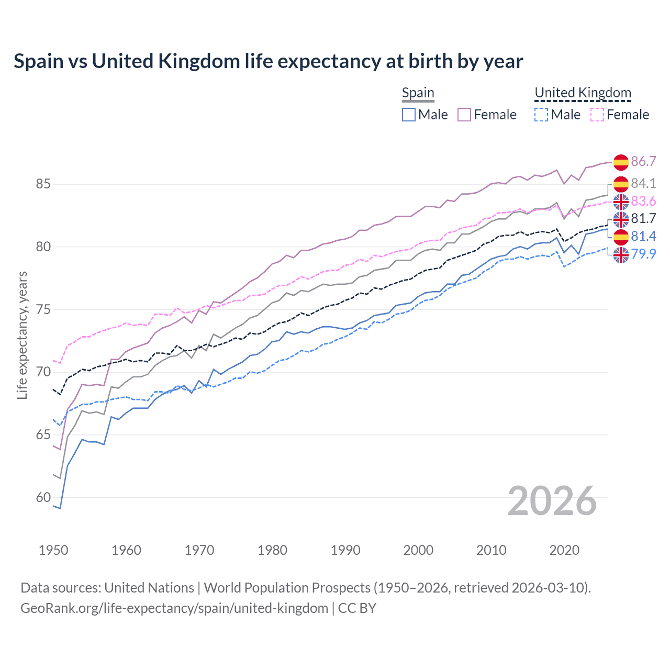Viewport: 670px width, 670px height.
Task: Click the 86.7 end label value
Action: (x=643, y=161)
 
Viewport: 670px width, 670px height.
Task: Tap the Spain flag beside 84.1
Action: (x=621, y=184)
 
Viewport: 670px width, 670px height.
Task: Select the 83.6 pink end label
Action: (x=643, y=202)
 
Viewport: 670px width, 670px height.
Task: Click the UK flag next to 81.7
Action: (x=621, y=219)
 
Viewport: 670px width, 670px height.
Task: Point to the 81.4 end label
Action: (x=643, y=236)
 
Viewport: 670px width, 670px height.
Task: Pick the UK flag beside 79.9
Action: (x=621, y=254)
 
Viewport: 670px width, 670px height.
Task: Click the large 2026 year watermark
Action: (x=552, y=501)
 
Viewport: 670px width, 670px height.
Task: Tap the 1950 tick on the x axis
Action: (x=53, y=550)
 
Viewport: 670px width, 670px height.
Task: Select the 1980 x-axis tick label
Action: (x=272, y=550)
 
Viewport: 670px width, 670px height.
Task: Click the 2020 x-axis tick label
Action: (x=564, y=550)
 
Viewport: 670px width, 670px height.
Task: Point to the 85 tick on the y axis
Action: (x=43, y=184)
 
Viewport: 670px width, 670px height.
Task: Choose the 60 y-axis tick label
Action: (x=43, y=497)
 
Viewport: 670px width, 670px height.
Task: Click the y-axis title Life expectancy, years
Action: (x=22, y=335)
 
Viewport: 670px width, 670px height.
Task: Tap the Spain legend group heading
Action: (x=418, y=93)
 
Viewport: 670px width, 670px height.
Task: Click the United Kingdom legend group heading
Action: (x=583, y=93)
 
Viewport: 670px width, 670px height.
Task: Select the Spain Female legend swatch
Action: (x=464, y=115)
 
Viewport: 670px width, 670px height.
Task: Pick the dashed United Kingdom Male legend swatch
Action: (x=541, y=115)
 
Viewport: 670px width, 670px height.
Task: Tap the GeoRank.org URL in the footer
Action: (x=174, y=608)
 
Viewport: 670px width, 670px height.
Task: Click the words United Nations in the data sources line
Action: (x=149, y=588)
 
